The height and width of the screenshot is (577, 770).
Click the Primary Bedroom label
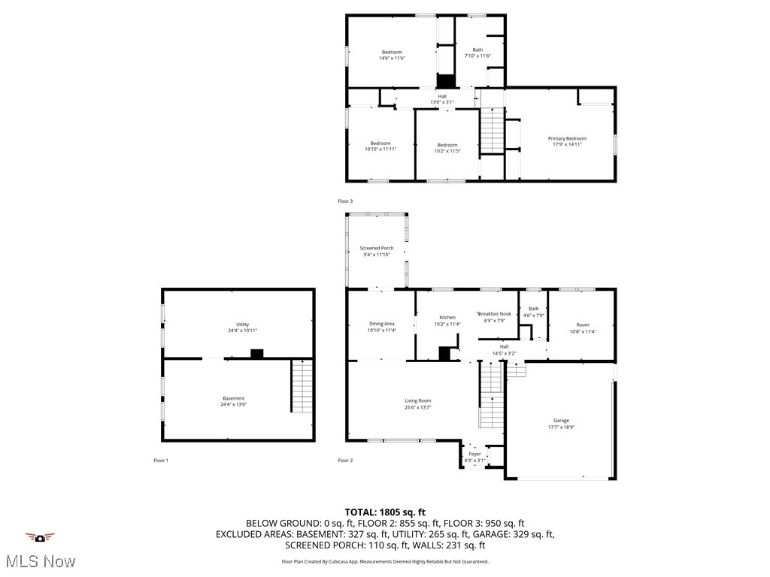click(x=566, y=138)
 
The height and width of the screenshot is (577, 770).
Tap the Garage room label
click(x=561, y=421)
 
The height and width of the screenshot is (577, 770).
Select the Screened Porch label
click(x=376, y=248)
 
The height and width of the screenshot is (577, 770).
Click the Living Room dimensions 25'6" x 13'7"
click(x=417, y=408)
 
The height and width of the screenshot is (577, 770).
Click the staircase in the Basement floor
click(x=302, y=386)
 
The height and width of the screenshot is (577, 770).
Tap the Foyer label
click(x=474, y=454)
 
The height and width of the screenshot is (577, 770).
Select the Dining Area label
click(x=381, y=324)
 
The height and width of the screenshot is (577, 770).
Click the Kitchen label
click(x=447, y=318)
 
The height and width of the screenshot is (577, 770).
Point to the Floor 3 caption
click(x=344, y=201)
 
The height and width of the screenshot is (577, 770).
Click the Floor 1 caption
click(x=161, y=460)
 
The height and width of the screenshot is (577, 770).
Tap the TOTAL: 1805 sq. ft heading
click(x=385, y=512)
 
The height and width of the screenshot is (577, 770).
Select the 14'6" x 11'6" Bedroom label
click(x=392, y=52)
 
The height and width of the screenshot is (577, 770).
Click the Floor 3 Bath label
click(x=477, y=50)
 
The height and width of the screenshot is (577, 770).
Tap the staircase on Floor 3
click(x=492, y=130)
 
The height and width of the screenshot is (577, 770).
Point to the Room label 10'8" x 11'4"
click(x=582, y=325)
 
